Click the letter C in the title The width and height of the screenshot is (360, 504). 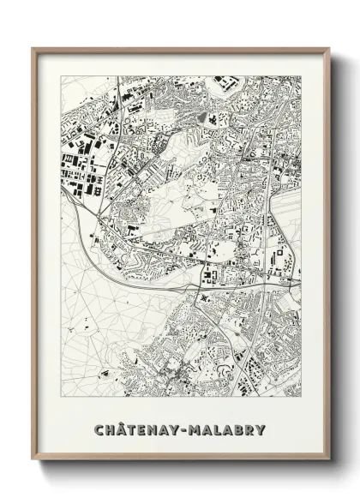[x=99, y=429]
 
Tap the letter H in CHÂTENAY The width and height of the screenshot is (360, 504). [x=111, y=429]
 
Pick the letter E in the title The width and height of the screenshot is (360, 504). [x=145, y=429]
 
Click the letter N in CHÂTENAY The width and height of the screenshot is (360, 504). [x=156, y=429]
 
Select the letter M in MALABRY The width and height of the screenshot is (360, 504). [x=201, y=429]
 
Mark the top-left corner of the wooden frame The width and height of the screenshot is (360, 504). [x=33, y=47]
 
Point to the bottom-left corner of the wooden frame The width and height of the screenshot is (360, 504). [x=33, y=463]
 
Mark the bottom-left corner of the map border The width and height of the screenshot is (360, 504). [x=60, y=399]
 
